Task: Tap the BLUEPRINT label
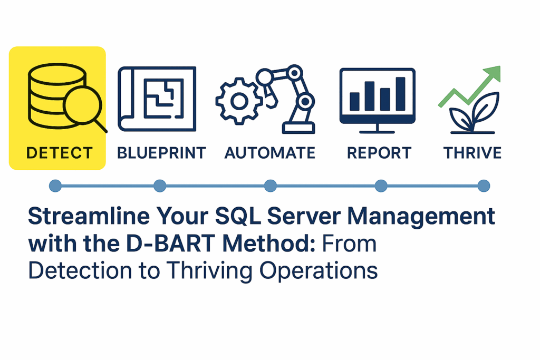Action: coord(161,153)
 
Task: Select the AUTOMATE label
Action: coord(270,153)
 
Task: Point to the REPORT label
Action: coord(379,153)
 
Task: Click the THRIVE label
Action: coord(472,153)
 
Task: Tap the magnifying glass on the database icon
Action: coord(82,105)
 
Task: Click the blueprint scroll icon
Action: coord(157,99)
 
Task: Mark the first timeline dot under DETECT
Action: coord(55,186)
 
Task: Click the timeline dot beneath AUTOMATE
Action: coord(270,186)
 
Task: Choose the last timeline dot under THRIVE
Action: coord(484,186)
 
